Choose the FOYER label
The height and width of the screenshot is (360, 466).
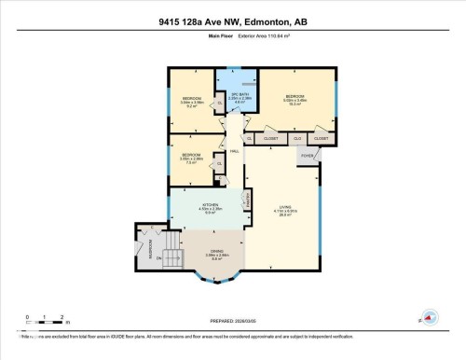click(x=306, y=156)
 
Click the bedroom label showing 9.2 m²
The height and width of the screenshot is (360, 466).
click(x=192, y=101)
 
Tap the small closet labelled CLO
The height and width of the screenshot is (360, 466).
click(x=296, y=138)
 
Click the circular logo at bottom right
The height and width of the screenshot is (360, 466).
click(x=430, y=316)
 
